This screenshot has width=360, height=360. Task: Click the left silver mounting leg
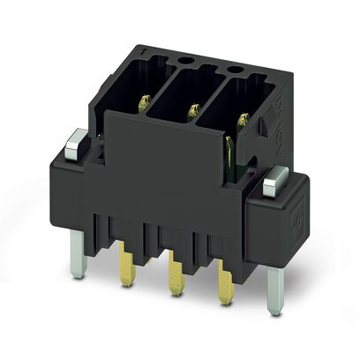[79, 257]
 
